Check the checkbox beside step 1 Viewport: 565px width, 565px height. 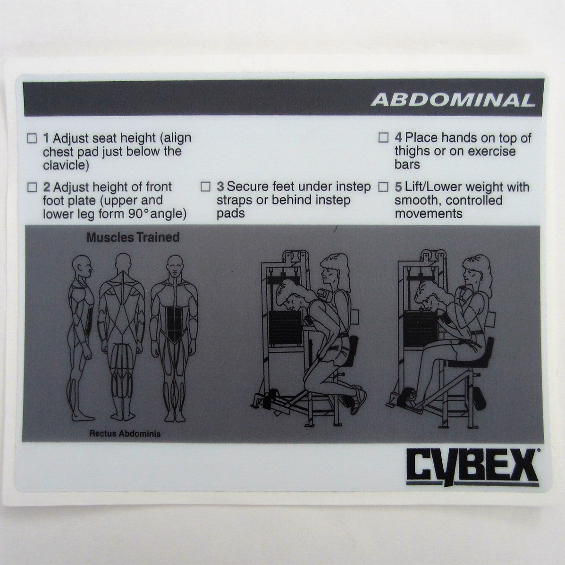coord(32,138)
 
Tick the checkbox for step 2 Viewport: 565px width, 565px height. coord(32,187)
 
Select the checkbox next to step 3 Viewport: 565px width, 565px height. coord(205,186)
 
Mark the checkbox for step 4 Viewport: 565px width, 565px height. coord(384,138)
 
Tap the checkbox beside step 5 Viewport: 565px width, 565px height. coord(384,187)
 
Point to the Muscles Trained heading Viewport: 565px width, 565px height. coord(133,237)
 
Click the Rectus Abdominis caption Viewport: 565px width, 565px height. coord(125,434)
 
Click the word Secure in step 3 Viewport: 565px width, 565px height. coord(247,187)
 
